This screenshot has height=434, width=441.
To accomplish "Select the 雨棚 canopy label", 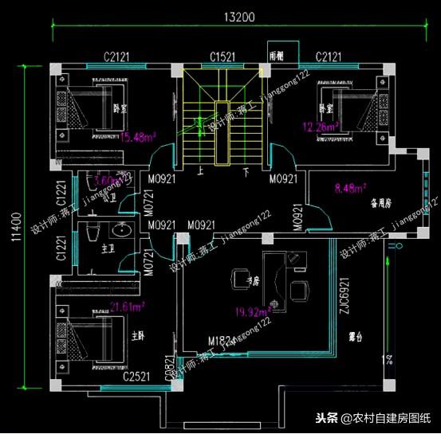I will [x=276, y=57].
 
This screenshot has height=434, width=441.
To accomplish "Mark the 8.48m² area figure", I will [x=350, y=189].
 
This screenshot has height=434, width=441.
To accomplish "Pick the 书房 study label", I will [x=254, y=280].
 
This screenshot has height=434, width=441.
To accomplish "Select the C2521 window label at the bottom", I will [x=137, y=374].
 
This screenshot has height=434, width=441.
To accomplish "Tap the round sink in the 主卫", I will [x=122, y=233].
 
